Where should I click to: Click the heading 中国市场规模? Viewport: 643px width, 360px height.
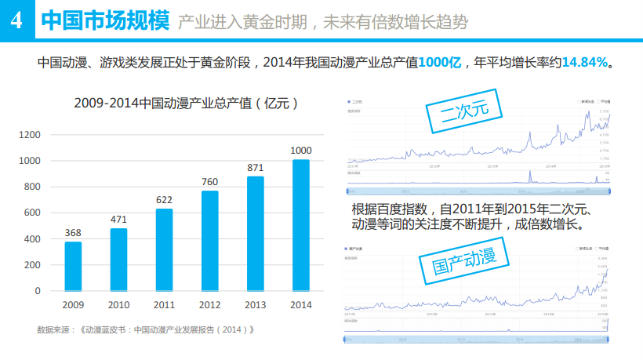click(x=104, y=20)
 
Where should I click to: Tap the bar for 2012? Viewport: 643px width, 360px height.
click(x=209, y=241)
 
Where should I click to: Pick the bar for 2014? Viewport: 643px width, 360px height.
click(x=301, y=225)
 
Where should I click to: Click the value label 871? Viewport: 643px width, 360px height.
click(x=256, y=168)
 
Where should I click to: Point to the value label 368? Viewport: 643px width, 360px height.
click(x=73, y=233)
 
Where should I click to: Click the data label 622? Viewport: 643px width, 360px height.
click(x=164, y=200)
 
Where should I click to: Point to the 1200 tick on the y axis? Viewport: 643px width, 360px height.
click(x=29, y=135)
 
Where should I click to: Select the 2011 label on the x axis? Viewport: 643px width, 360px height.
click(x=164, y=304)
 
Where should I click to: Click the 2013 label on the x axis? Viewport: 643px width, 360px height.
click(x=256, y=304)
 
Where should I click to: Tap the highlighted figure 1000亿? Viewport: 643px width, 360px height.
click(x=439, y=62)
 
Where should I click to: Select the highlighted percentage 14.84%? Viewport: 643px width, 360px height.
click(x=585, y=62)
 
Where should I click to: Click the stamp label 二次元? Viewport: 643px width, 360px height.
click(x=465, y=112)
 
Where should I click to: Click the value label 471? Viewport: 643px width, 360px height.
click(x=118, y=220)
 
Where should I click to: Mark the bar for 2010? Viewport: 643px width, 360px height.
click(x=118, y=260)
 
